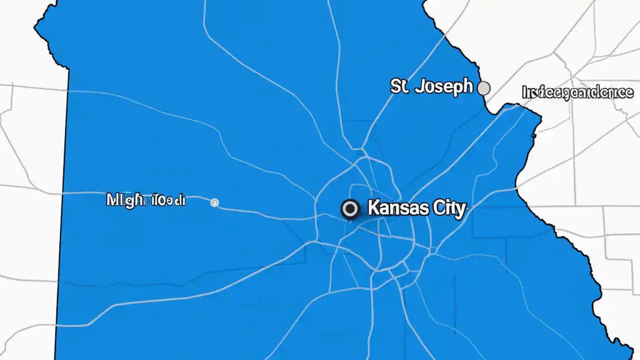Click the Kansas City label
tap(416, 208)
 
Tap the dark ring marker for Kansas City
tap(350, 209)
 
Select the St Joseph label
tap(431, 86)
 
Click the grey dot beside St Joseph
tap(483, 88)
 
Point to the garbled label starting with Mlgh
tap(145, 200)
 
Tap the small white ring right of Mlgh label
tap(214, 202)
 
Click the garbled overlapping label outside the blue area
tap(577, 92)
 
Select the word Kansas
tap(396, 208)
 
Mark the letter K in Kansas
tap(373, 208)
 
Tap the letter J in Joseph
tap(419, 86)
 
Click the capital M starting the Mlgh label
tap(113, 200)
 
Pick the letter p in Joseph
tap(456, 88)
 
